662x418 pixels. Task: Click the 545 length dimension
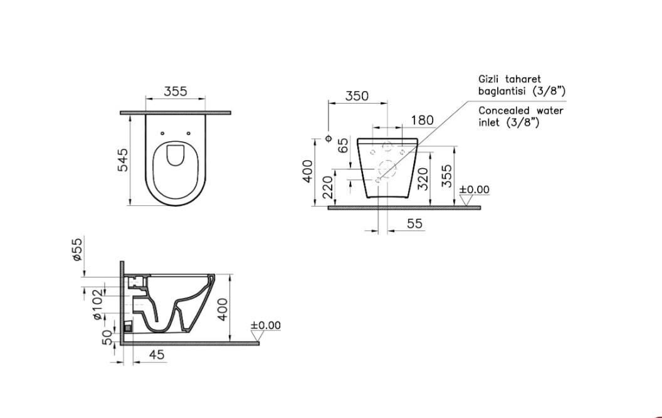click(x=122, y=160)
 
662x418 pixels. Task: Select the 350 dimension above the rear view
click(x=357, y=96)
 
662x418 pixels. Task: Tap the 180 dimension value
click(x=423, y=121)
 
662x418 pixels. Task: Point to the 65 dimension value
click(x=344, y=146)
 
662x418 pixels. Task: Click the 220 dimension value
click(x=328, y=188)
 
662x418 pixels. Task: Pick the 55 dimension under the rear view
click(x=414, y=223)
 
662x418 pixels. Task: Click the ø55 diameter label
click(x=77, y=249)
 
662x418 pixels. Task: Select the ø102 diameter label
click(x=97, y=304)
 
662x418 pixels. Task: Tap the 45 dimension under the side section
click(x=157, y=355)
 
